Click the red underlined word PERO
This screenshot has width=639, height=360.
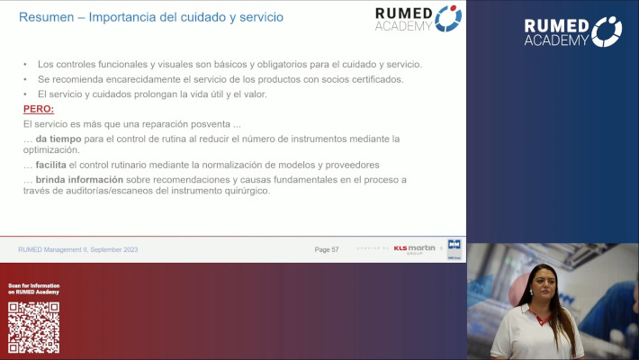38,108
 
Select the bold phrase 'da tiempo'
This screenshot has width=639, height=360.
58,139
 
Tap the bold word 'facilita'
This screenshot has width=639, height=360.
52,165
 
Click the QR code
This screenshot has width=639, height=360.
33,327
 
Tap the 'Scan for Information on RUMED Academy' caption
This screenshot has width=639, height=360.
34,289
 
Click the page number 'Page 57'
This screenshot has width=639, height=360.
326,249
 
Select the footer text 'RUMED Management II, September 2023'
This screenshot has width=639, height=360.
76,249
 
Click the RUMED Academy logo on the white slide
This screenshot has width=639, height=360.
418,19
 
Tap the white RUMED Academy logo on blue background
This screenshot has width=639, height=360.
572,31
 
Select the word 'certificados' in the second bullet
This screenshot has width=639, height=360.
370,79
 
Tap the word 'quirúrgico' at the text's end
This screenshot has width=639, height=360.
246,191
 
